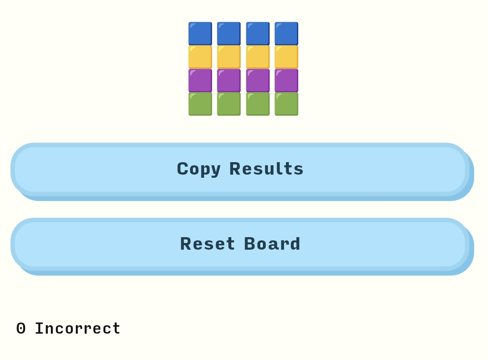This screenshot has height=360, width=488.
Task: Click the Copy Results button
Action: click(242, 172)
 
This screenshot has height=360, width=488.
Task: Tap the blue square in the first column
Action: click(200, 33)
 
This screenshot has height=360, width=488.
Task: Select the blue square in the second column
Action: click(229, 33)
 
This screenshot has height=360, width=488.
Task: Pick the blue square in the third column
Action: click(258, 33)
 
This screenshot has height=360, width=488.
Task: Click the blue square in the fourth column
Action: click(286, 33)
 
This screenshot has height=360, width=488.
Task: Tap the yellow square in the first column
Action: click(200, 57)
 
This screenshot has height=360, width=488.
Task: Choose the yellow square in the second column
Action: click(229, 57)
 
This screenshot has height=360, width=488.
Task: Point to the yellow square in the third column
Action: click(258, 57)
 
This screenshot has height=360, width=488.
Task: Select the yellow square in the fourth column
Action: click(286, 57)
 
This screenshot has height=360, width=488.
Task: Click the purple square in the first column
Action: click(200, 81)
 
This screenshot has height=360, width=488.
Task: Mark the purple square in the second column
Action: click(229, 81)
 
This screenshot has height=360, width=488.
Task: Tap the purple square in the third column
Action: click(258, 81)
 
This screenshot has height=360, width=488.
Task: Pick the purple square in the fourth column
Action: click(286, 81)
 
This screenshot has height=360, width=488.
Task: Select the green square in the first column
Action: click(200, 104)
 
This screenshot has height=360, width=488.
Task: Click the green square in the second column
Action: click(229, 104)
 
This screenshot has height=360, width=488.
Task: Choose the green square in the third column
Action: click(258, 104)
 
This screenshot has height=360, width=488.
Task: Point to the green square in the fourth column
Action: click(286, 104)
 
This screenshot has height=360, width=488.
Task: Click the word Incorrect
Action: click(78, 328)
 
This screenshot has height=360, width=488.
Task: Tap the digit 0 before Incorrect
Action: click(21, 329)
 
